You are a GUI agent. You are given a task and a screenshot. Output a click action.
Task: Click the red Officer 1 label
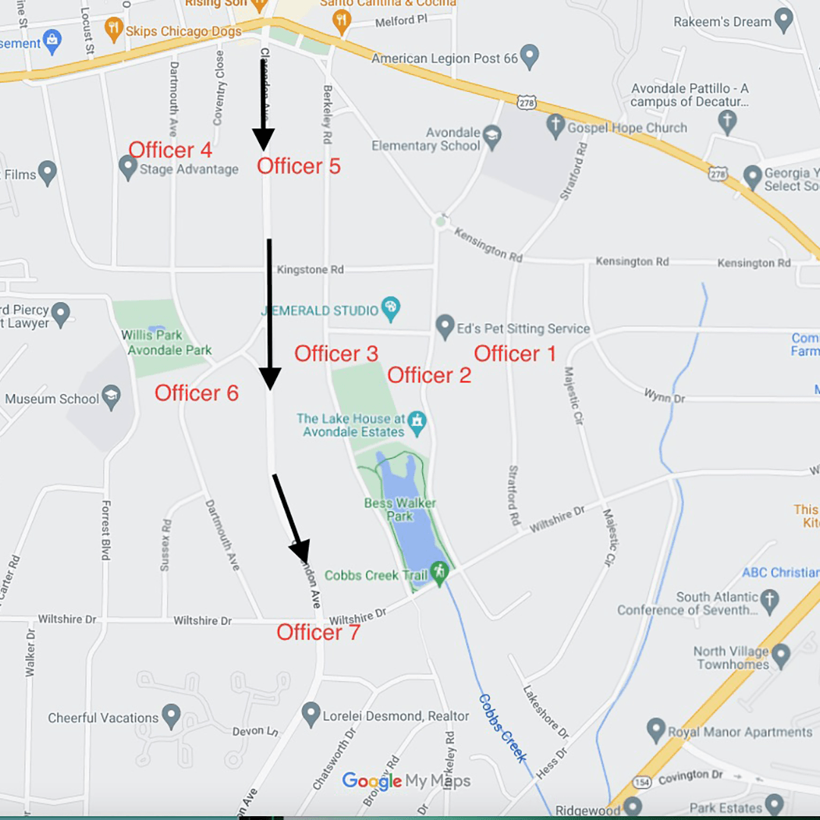515,354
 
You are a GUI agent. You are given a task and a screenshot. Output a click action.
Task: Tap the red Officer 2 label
429,375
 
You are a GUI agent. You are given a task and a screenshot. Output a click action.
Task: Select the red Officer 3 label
336,354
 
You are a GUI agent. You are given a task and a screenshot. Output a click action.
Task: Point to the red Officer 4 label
170,150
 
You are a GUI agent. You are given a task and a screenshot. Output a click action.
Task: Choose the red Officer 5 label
298,166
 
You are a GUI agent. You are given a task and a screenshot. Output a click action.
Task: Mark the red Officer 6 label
197,393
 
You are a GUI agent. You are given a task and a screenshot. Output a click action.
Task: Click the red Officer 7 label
318,632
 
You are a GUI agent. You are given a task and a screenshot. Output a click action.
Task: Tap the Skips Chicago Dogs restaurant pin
114,29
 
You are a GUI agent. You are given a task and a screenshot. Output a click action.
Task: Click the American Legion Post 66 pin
529,55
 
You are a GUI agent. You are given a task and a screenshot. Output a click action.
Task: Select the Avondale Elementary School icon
493,137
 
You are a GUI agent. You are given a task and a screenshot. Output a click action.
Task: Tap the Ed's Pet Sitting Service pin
445,326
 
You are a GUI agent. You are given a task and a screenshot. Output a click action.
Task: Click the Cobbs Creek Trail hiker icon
439,572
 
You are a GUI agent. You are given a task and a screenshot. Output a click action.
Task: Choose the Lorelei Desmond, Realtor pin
311,713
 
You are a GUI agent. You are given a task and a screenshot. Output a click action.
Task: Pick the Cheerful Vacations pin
172,714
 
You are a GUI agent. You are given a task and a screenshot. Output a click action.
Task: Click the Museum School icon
112,398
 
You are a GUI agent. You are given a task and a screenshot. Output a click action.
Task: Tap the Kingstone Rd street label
310,270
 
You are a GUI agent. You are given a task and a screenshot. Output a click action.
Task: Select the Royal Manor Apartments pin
656,730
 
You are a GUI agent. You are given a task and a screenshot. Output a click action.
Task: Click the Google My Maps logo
405,781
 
